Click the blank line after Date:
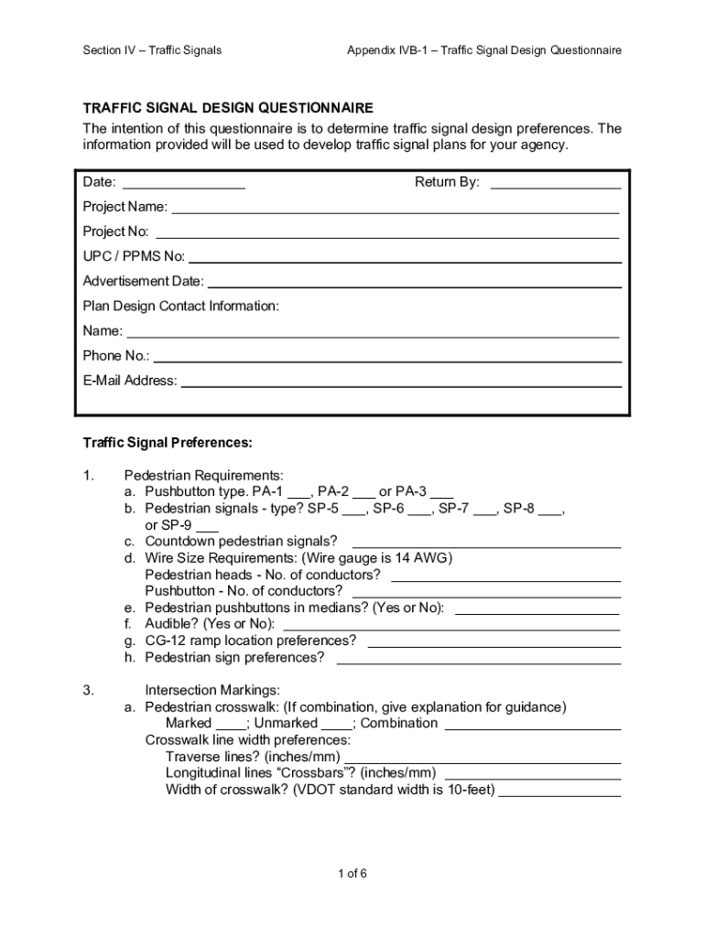coord(183,187)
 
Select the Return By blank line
coord(556,187)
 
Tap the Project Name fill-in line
coord(395,211)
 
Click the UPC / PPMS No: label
coord(134,256)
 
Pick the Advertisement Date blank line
coord(415,285)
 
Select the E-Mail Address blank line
coord(401,385)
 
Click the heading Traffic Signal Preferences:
coord(168,443)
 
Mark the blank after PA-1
coord(298,496)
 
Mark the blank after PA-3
coord(442,496)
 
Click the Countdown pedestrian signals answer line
coord(486,545)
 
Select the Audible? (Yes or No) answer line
coord(452,629)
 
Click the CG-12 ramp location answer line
coord(493,645)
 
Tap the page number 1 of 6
coord(352,874)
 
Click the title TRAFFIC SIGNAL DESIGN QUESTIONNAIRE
coord(228,108)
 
